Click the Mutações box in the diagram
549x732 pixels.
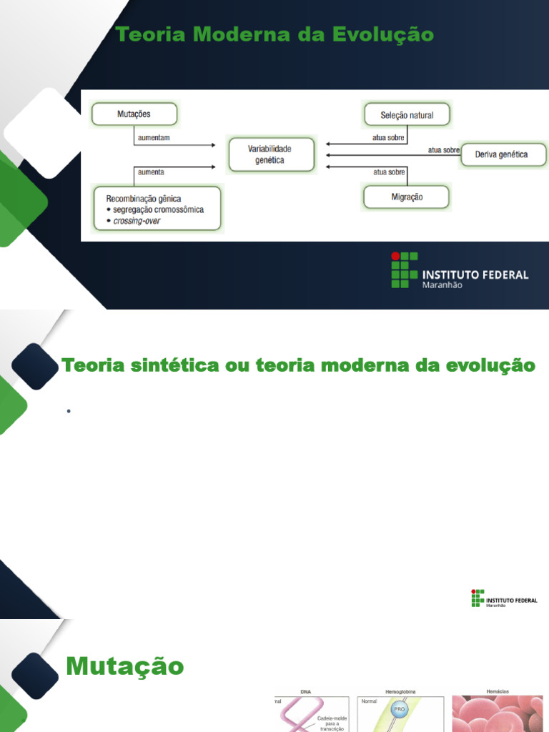tap(134, 113)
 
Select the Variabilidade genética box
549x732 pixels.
tap(271, 154)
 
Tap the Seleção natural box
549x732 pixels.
tap(407, 114)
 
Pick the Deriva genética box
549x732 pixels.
tap(502, 154)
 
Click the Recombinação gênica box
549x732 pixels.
tap(158, 209)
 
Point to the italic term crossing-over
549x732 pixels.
tap(137, 222)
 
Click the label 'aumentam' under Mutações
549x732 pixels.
tap(152, 137)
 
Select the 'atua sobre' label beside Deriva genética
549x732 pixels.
tap(443, 150)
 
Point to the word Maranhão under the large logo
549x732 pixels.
tap(442, 285)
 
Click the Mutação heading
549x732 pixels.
tap(124, 667)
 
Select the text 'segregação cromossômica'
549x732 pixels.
tap(158, 210)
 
